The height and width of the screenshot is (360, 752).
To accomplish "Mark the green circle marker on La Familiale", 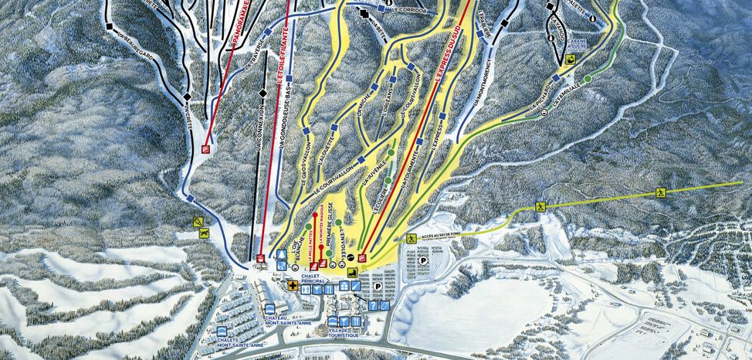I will (588, 78).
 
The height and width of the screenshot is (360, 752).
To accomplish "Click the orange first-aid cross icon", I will (293, 285).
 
